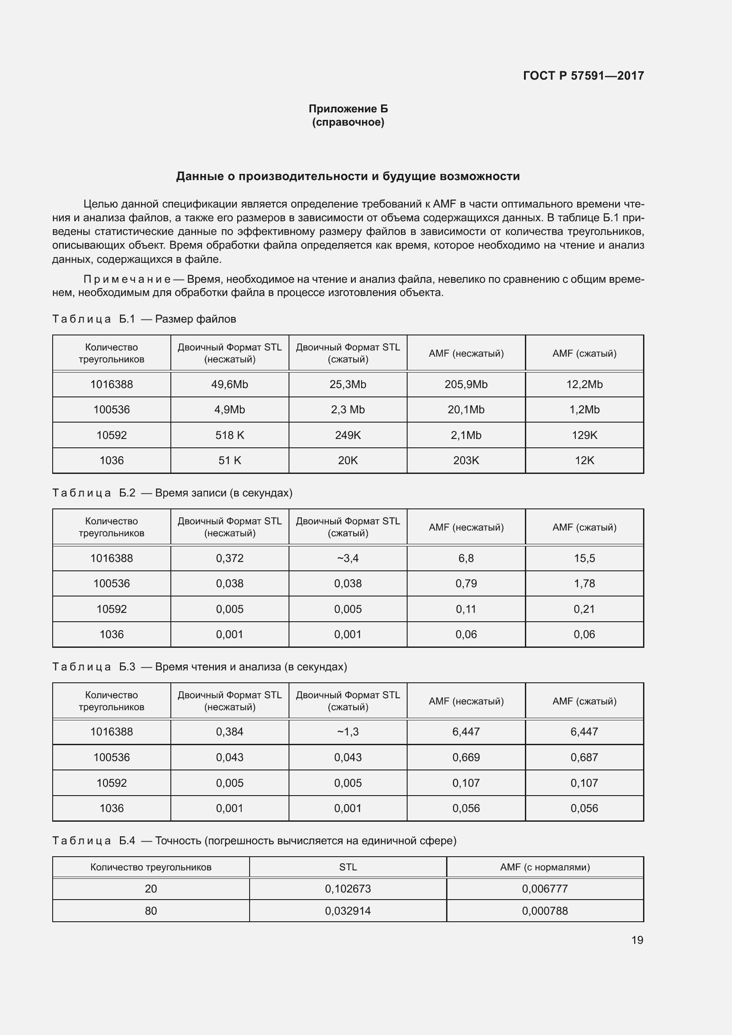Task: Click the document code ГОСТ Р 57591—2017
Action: point(583,76)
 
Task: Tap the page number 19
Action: point(637,940)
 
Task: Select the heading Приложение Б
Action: point(348,109)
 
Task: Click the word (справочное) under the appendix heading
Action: point(348,122)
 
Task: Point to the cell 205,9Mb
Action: point(466,385)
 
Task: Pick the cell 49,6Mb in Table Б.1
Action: point(229,385)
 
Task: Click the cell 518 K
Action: point(229,435)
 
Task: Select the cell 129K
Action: point(584,435)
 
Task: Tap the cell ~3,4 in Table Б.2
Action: point(347,558)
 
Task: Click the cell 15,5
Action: point(584,558)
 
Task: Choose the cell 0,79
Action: point(466,583)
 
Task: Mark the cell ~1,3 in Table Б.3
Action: point(347,731)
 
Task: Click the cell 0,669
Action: point(466,757)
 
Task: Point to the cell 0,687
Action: point(584,757)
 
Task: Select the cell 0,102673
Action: point(347,889)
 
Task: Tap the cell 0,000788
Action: point(544,911)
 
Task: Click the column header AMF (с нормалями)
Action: point(544,867)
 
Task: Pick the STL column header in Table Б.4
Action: point(347,867)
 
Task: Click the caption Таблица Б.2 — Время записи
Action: point(172,492)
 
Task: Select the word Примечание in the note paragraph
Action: point(127,280)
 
